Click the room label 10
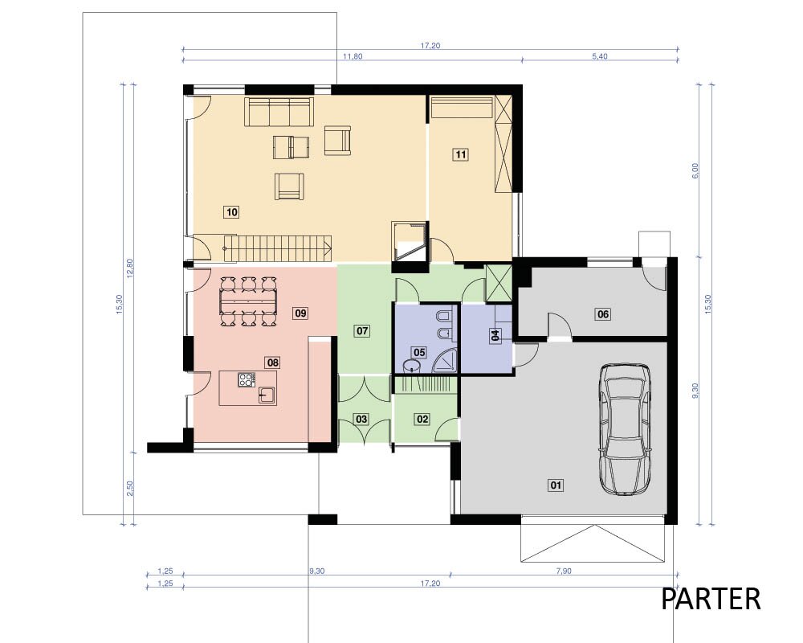[232, 211]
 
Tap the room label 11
[461, 154]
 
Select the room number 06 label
[603, 313]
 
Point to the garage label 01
[556, 485]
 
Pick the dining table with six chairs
[248, 301]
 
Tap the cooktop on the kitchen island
[247, 380]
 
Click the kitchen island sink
[267, 395]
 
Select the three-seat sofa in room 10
[279, 112]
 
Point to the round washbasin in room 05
[411, 366]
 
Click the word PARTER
[711, 599]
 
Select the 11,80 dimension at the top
[353, 56]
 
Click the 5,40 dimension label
[600, 56]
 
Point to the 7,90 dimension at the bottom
[564, 571]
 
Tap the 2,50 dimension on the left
[129, 488]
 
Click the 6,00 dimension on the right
[695, 170]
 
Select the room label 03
[361, 419]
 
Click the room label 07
[362, 330]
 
